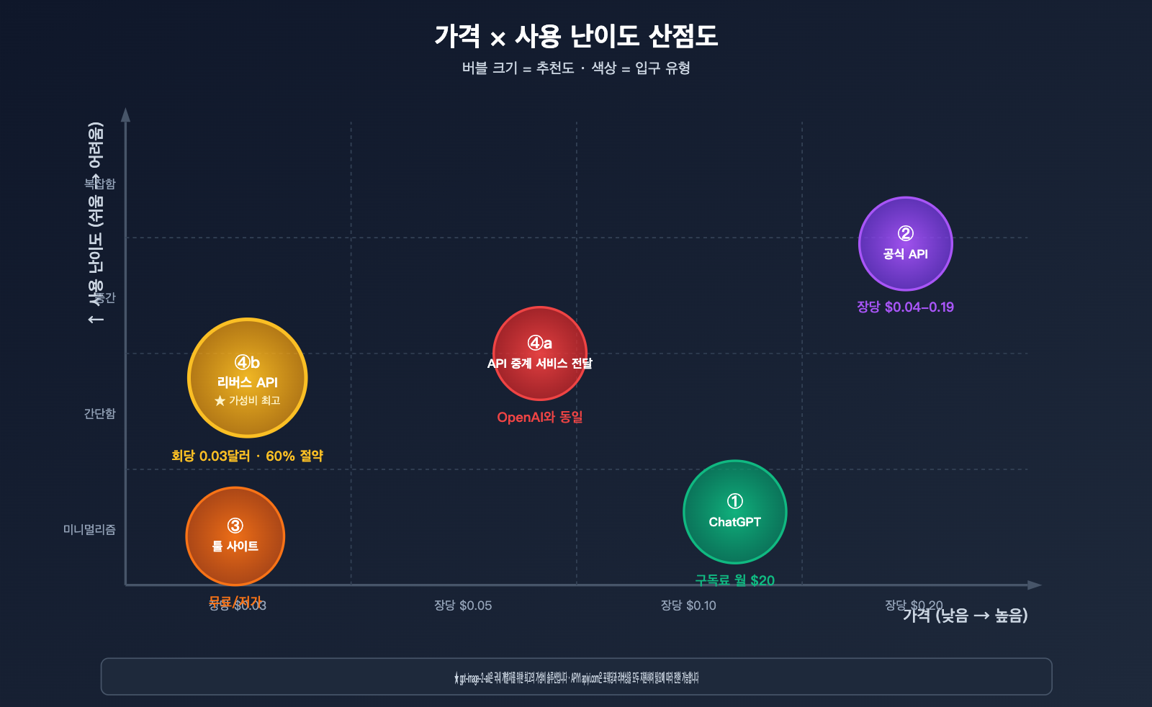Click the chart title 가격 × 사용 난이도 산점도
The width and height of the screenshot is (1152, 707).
(576, 36)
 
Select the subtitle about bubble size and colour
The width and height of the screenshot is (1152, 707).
(576, 68)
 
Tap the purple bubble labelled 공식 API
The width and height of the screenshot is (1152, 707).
(905, 244)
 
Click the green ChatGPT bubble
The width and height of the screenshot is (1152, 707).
(734, 512)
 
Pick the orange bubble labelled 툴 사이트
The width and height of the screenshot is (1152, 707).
(235, 536)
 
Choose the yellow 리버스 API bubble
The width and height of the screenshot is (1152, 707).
(247, 378)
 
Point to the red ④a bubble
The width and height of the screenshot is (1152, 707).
(539, 353)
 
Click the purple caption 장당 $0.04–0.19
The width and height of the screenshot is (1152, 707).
(905, 307)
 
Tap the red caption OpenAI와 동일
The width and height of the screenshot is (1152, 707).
(539, 418)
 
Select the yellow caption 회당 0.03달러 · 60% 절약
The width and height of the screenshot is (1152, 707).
(247, 456)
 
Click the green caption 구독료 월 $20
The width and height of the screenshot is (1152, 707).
(734, 580)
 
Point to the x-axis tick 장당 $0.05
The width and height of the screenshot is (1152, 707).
(463, 605)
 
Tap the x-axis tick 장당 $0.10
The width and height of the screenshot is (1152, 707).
(688, 605)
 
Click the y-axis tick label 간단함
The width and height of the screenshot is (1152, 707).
(99, 414)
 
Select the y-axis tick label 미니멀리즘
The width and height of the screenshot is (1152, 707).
(89, 530)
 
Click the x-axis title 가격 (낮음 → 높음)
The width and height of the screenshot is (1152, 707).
(965, 616)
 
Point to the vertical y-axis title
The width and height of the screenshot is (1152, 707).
(95, 223)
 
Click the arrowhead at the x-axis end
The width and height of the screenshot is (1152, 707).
(1035, 585)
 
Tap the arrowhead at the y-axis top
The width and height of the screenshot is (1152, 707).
(125, 114)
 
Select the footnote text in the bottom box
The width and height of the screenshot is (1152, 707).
(576, 677)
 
